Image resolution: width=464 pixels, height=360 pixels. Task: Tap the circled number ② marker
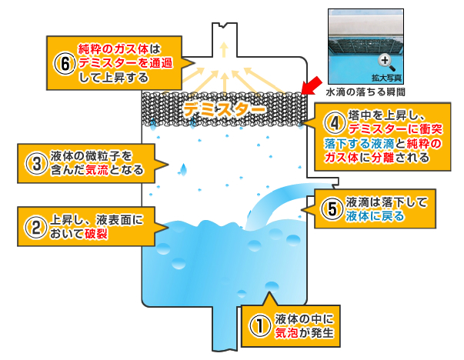[x=35, y=226]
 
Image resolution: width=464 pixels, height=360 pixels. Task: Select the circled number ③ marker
[x=35, y=163]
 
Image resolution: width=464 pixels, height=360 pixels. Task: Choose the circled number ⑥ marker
[x=63, y=62]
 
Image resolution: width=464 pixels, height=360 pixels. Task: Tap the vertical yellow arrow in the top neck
[x=224, y=51]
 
